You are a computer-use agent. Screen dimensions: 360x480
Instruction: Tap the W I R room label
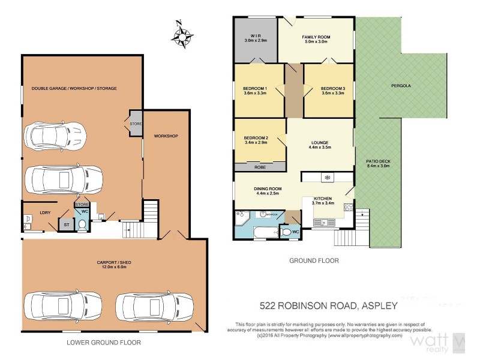(256, 38)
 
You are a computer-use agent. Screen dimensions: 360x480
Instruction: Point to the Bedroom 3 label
(334, 90)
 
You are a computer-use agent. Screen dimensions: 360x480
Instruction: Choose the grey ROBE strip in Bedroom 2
(259, 167)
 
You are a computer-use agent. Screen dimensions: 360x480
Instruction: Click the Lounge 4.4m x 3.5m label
(320, 145)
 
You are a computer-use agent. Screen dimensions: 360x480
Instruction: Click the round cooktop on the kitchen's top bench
(327, 177)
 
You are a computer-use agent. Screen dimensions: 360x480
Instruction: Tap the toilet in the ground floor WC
(287, 232)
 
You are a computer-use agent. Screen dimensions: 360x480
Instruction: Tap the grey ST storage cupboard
(65, 224)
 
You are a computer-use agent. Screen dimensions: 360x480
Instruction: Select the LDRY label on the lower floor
(44, 212)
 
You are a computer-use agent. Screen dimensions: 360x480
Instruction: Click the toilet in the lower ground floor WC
(82, 224)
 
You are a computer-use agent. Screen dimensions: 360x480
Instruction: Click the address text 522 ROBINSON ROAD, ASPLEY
(328, 305)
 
